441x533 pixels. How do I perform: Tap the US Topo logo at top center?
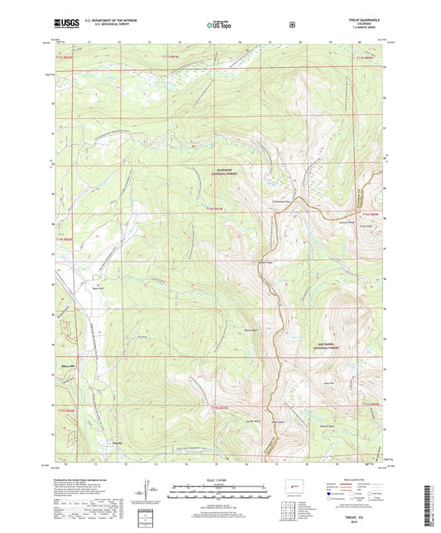click(x=219, y=25)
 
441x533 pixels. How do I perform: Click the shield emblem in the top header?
click(x=290, y=25)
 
